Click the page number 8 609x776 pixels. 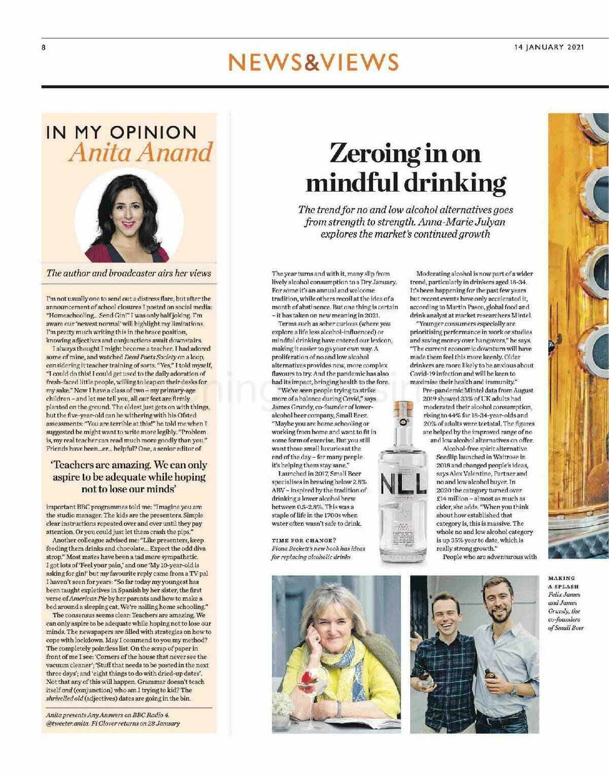coord(44,48)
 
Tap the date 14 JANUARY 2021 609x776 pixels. coord(549,47)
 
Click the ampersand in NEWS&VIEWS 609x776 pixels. coord(313,62)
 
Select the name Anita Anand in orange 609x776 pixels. coord(140,152)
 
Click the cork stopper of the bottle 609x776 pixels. coord(403,408)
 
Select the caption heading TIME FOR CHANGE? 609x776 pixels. coord(303,540)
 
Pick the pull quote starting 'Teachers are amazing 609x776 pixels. coord(129,477)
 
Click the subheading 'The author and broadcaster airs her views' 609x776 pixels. coord(128,273)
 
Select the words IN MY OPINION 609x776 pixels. coord(121,133)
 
